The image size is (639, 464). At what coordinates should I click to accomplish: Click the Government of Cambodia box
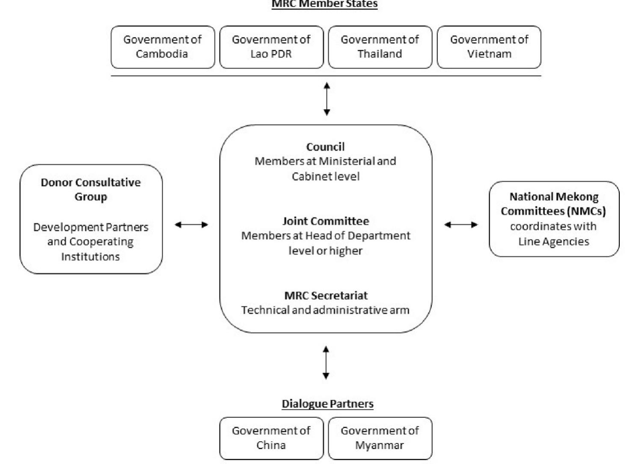click(x=163, y=47)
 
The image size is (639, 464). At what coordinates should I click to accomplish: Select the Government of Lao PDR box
click(x=271, y=47)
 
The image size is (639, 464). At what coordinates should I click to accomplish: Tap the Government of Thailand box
click(x=380, y=47)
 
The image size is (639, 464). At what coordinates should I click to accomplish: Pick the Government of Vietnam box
click(x=489, y=47)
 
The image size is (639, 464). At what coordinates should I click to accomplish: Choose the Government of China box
click(x=271, y=438)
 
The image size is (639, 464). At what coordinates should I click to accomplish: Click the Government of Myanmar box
click(x=380, y=438)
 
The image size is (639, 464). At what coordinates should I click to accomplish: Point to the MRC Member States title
click(x=325, y=4)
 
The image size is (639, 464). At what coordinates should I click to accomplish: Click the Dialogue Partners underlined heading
click(x=327, y=404)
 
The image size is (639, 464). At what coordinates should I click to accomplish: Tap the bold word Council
click(x=325, y=147)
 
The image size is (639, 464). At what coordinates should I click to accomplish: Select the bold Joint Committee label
click(x=325, y=221)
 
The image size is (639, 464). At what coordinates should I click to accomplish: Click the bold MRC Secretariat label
click(x=326, y=296)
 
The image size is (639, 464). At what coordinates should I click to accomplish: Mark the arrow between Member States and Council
click(x=327, y=99)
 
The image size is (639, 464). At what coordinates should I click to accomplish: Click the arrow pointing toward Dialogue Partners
click(x=326, y=363)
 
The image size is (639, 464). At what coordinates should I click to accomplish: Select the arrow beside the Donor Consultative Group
click(x=191, y=225)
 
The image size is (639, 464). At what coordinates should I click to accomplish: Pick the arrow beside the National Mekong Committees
click(x=461, y=225)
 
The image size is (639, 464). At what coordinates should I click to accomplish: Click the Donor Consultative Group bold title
click(x=91, y=189)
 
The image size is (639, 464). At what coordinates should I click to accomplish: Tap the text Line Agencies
click(x=553, y=242)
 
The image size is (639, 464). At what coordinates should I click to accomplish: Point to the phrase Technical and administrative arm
click(x=325, y=310)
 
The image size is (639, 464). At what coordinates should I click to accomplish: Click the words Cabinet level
click(x=326, y=176)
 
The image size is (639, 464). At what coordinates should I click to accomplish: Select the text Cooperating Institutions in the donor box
click(x=90, y=249)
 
